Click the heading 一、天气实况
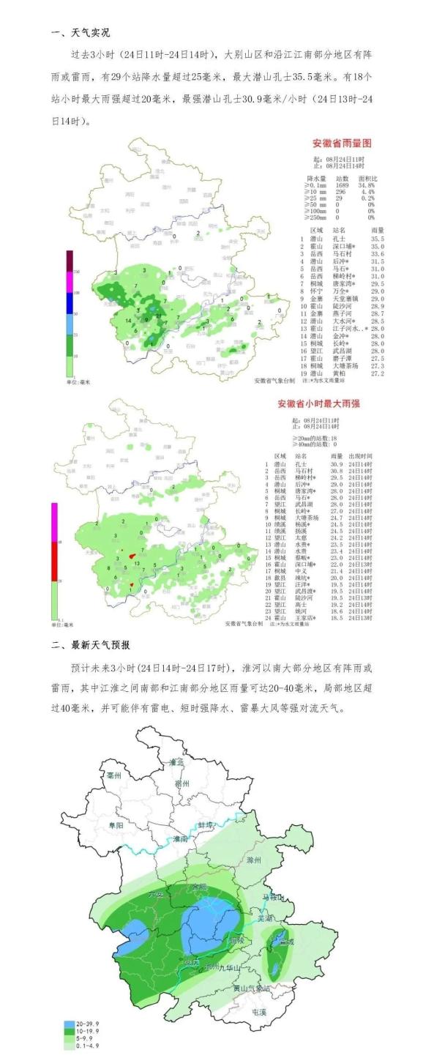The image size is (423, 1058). (x=81, y=33)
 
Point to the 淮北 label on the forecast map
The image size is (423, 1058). (x=176, y=762)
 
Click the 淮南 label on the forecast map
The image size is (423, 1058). (x=181, y=838)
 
